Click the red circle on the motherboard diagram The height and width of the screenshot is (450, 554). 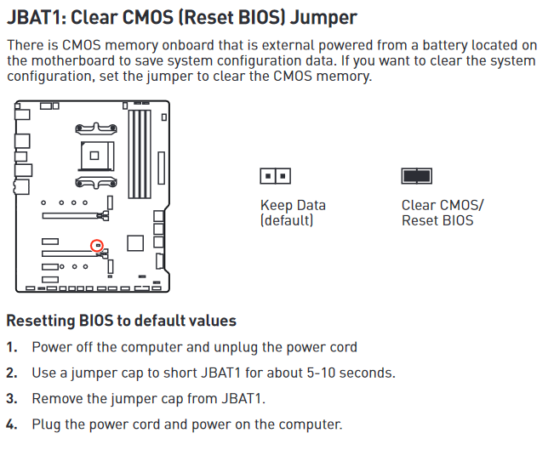coord(98,245)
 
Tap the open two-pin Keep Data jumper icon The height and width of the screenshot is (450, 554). coord(275,176)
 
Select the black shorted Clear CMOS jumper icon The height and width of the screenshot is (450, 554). coord(416,175)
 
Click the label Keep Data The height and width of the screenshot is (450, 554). coord(293,206)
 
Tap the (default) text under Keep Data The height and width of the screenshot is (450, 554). coord(288,221)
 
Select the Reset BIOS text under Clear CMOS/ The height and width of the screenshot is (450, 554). coord(437,221)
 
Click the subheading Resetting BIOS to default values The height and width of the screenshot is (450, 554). coord(121,321)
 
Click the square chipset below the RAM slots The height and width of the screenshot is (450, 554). coord(134,242)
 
